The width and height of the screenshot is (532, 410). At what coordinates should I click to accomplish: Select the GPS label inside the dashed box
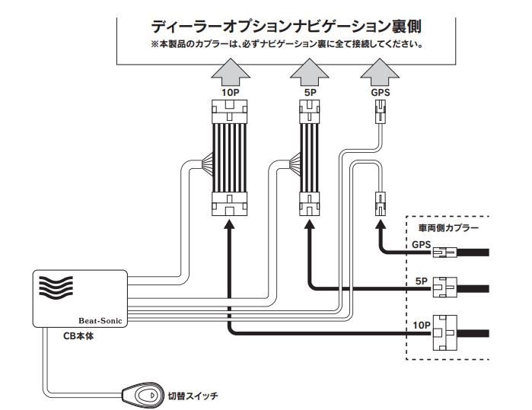[421, 246]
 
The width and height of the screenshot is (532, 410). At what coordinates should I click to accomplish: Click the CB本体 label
[77, 335]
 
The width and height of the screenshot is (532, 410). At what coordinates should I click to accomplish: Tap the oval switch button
[141, 395]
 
